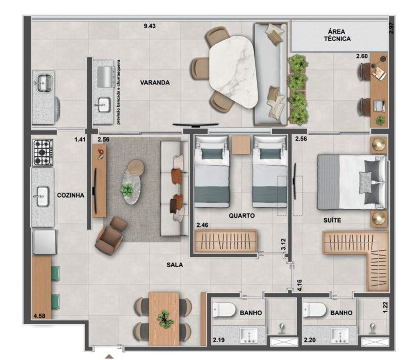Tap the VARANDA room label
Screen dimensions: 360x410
point(155,82)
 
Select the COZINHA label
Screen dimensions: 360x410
point(71,196)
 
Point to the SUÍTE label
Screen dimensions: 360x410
point(332,221)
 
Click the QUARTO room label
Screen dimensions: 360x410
point(242,215)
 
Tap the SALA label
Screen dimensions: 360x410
point(174,265)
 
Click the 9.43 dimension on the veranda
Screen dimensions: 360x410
point(150,26)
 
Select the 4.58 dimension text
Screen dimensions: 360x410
point(40,316)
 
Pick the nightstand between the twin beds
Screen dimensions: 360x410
point(240,145)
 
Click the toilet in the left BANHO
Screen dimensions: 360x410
point(223,310)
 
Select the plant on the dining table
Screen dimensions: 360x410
point(165,319)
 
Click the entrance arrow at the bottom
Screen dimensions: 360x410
point(109,357)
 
